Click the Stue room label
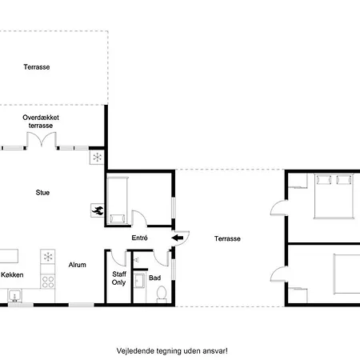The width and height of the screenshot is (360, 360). (x=42, y=193)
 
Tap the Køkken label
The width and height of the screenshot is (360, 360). (x=12, y=274)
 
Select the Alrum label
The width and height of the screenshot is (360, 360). (x=78, y=265)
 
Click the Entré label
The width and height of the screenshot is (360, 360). (x=139, y=238)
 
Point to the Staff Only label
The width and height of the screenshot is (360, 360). (x=119, y=278)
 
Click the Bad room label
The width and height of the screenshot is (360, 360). (x=154, y=278)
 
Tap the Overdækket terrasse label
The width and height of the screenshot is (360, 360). (x=41, y=122)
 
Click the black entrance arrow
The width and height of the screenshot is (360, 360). (x=178, y=238)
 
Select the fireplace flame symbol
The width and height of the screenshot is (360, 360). (x=98, y=210)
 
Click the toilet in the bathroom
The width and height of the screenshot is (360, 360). (x=162, y=294)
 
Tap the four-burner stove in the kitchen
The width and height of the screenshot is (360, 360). (x=48, y=282)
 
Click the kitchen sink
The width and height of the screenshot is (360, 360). (x=15, y=295)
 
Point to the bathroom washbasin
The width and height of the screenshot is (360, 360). (x=139, y=280)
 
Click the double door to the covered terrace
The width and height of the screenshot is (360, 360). (x=42, y=140)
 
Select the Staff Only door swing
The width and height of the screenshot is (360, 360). (x=118, y=258)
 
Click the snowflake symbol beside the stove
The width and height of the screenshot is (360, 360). (x=48, y=257)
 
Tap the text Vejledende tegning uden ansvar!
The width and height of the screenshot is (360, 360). (x=172, y=351)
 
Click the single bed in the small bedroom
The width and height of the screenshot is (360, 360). (x=118, y=200)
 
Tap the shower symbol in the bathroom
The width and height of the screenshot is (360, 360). (x=136, y=259)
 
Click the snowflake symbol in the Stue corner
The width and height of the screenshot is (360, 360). (x=97, y=158)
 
